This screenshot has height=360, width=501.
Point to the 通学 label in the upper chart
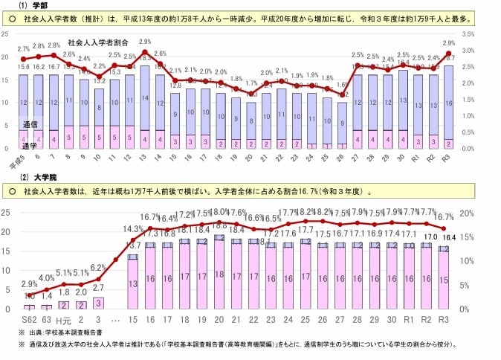(31, 146)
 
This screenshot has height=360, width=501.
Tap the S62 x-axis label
(28, 320)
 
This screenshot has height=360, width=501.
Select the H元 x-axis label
(63, 320)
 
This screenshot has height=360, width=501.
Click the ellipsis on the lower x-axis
(115, 320)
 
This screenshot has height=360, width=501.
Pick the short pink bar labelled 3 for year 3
(98, 302)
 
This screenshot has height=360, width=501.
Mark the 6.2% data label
(97, 267)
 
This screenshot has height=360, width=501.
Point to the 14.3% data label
(132, 228)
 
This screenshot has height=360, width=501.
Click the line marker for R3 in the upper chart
(448, 54)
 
